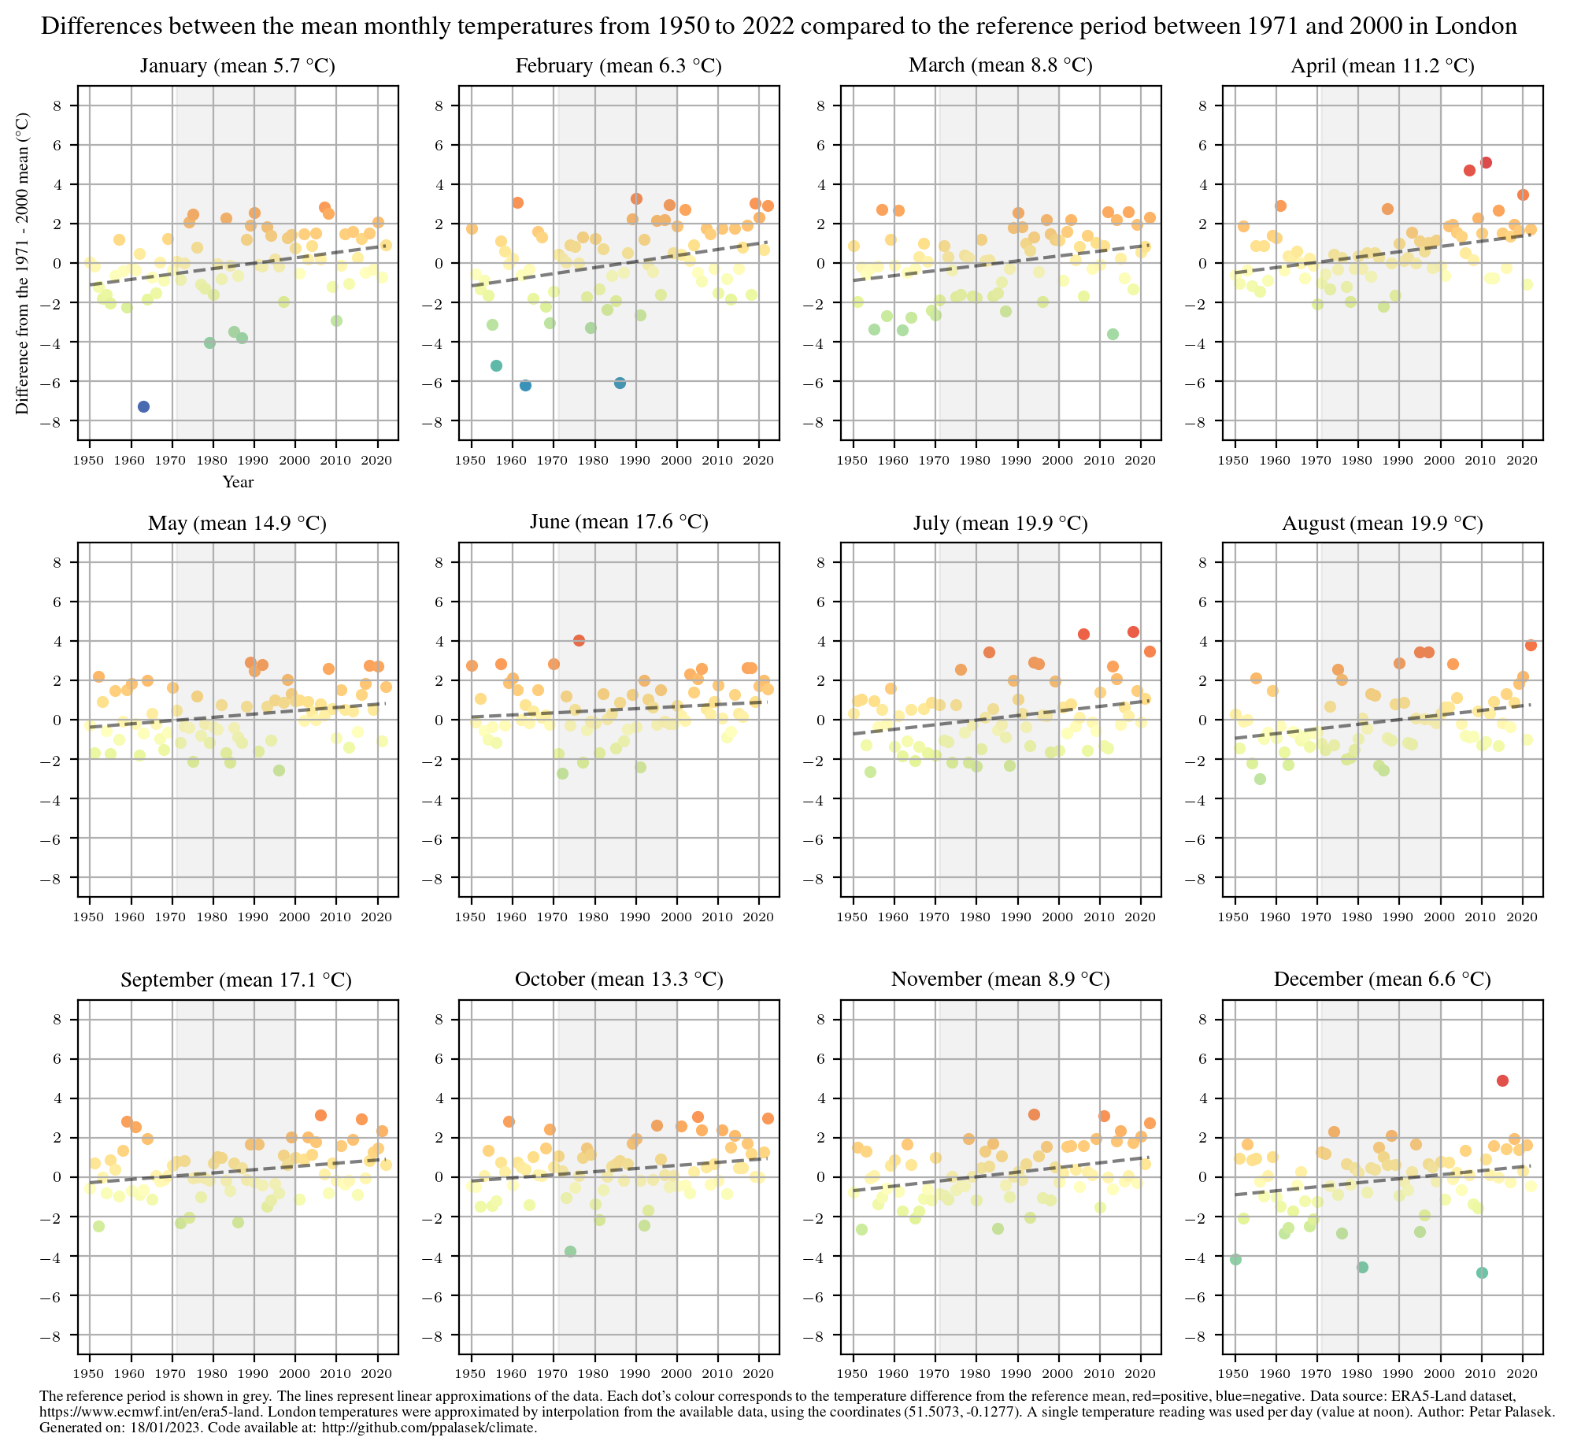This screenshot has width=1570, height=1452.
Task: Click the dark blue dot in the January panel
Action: click(x=143, y=406)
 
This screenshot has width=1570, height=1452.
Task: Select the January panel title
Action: click(x=237, y=66)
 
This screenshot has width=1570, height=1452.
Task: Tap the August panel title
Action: click(x=1382, y=524)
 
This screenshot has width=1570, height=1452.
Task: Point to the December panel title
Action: click(x=1382, y=980)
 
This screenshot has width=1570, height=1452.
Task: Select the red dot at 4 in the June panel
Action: click(x=579, y=641)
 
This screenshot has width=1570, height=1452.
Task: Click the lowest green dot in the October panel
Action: click(x=570, y=1251)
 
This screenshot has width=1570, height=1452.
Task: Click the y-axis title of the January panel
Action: click(x=23, y=263)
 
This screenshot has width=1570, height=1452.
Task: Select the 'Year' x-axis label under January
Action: click(x=238, y=482)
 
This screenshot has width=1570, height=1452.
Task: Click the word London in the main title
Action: click(x=1476, y=27)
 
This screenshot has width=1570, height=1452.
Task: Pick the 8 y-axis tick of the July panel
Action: click(x=824, y=562)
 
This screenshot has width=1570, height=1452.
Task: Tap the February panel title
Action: click(x=618, y=66)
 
